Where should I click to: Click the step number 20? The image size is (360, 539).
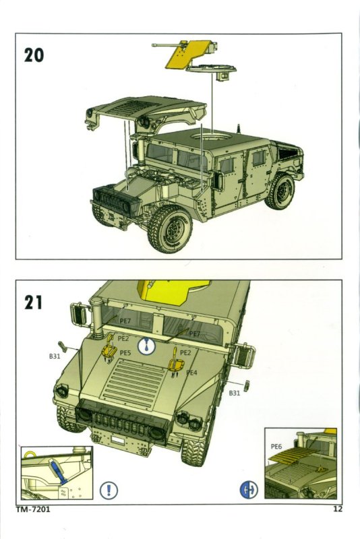tap(34, 55)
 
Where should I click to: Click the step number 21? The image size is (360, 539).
tap(33, 302)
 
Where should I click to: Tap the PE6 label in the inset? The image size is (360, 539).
tap(276, 447)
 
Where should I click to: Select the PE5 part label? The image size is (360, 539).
tap(125, 352)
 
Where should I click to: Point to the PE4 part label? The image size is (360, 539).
tap(192, 373)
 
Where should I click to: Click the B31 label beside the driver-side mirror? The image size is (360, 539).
tap(55, 356)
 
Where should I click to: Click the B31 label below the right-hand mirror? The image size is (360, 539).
tap(235, 393)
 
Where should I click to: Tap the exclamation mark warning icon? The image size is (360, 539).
tap(109, 490)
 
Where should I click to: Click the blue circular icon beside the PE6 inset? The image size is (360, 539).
tap(249, 490)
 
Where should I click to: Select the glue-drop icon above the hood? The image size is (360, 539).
tap(147, 346)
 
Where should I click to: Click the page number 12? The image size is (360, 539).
tap(338, 509)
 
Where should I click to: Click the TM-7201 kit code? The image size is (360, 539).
tap(33, 509)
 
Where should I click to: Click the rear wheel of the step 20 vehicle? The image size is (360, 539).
tap(280, 192)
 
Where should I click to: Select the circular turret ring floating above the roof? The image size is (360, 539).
tap(211, 69)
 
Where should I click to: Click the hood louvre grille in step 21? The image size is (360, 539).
tap(136, 380)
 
